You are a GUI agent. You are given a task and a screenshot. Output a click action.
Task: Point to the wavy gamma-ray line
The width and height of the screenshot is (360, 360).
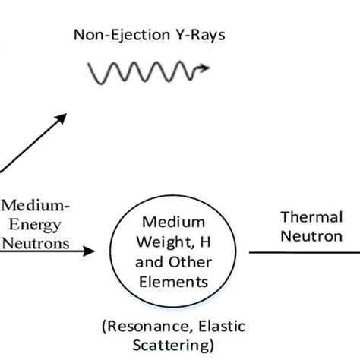click(144, 73)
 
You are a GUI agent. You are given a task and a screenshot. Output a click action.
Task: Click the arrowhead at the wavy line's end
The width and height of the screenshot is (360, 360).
click(206, 71)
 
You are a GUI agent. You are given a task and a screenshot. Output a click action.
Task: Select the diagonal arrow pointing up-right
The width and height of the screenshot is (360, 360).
click(34, 142)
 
